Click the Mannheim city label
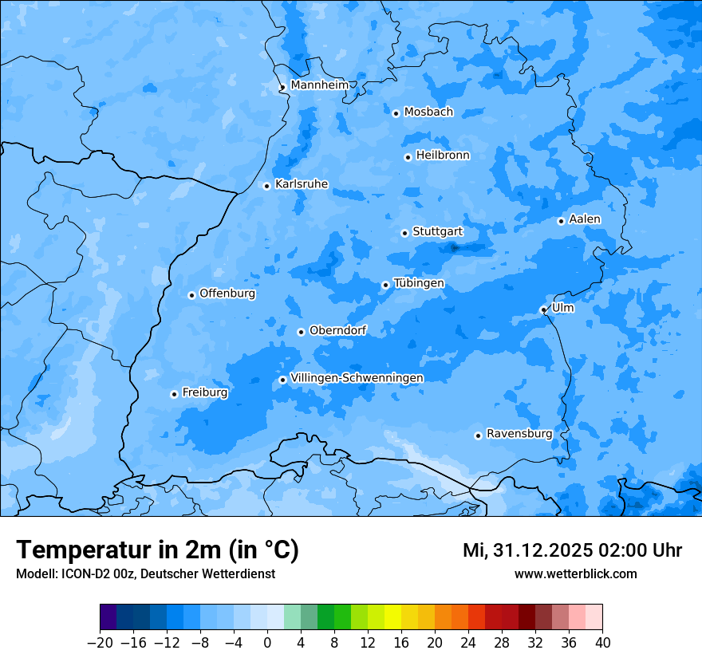[x=320, y=85]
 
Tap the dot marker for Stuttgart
[x=404, y=233]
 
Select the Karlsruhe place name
[x=302, y=184]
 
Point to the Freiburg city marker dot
[x=174, y=394]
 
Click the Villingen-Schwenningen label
[x=357, y=378]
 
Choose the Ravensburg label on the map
[x=519, y=434]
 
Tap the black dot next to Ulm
[x=543, y=309]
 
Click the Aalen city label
[x=585, y=219]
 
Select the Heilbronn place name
[x=443, y=156]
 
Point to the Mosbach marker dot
[x=396, y=113]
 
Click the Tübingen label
[x=419, y=283]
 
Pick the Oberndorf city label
[x=337, y=330]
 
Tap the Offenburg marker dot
[x=191, y=295]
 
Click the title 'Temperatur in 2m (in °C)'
[x=157, y=550]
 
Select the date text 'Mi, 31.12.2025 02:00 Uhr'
[x=572, y=550]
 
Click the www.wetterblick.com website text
[x=575, y=573]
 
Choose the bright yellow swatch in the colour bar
[x=393, y=617]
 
